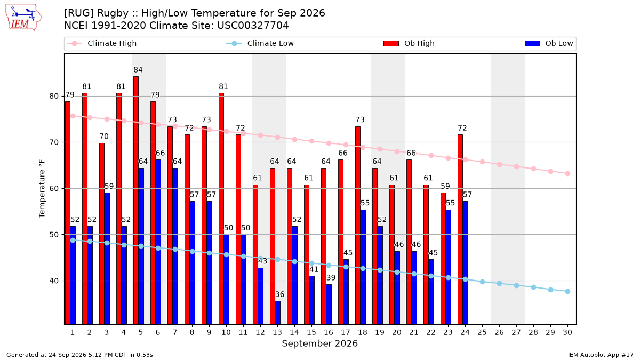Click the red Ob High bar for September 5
click(x=136, y=201)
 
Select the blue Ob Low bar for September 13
click(x=277, y=313)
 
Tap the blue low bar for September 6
click(x=158, y=242)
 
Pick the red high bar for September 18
click(x=358, y=226)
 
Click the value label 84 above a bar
click(x=138, y=70)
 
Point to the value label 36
click(x=279, y=294)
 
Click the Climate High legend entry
click(x=101, y=43)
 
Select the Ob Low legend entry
click(x=549, y=43)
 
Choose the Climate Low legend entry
click(x=260, y=43)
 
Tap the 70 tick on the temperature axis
click(x=54, y=142)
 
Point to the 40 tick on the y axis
click(x=54, y=281)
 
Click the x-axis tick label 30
click(x=567, y=332)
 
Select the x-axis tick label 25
click(x=482, y=332)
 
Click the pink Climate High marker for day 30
click(x=567, y=173)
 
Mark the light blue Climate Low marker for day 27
click(x=516, y=285)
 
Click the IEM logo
click(x=23, y=18)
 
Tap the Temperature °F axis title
click(x=42, y=189)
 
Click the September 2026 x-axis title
click(x=319, y=343)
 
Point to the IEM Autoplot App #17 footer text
click(x=601, y=355)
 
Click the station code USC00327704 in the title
click(x=253, y=26)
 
